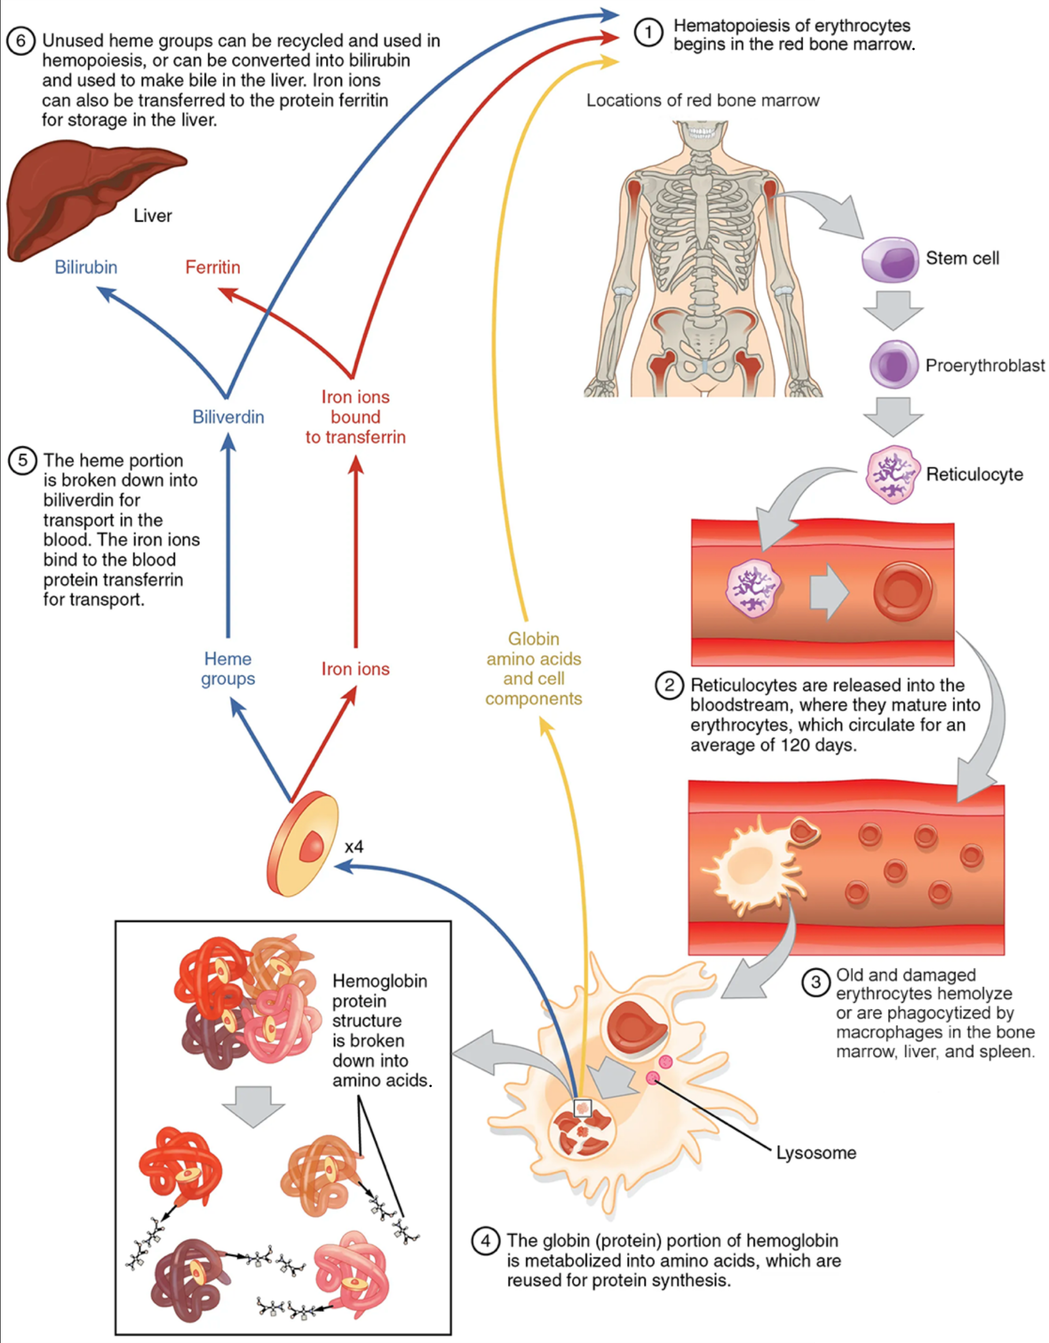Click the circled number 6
[20, 41]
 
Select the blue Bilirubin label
[86, 267]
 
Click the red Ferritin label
[213, 267]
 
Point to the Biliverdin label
[228, 417]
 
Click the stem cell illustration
[890, 260]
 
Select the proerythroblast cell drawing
[893, 364]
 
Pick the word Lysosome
[815, 1153]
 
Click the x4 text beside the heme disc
[354, 847]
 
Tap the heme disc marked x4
[302, 843]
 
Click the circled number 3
[815, 981]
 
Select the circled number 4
[485, 1241]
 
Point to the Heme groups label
[227, 669]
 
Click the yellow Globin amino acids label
[533, 669]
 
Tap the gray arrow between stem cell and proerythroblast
[893, 310]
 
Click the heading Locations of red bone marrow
[702, 100]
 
